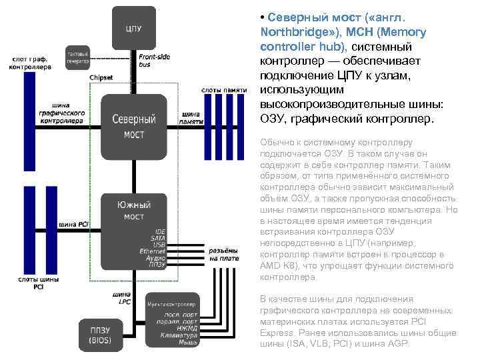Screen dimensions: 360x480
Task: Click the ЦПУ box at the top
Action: tap(133, 28)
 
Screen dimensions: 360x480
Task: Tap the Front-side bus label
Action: tap(154, 61)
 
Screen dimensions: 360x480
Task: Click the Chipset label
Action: tap(101, 78)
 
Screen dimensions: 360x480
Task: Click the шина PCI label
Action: tap(74, 224)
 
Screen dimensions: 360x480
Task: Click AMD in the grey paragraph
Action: tap(269, 265)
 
